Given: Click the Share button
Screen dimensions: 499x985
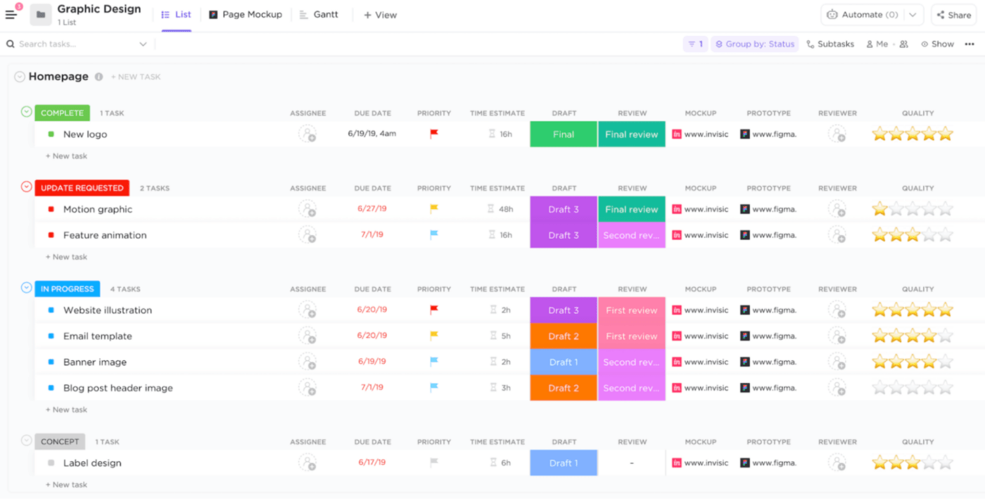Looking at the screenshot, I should click(953, 15).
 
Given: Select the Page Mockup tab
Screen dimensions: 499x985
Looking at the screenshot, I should click(246, 15).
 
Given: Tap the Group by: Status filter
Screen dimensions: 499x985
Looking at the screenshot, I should click(754, 44).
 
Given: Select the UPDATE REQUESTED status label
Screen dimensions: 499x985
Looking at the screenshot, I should click(82, 188).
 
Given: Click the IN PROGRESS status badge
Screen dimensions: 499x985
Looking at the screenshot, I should click(67, 289).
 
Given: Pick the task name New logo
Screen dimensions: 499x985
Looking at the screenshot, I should click(85, 134).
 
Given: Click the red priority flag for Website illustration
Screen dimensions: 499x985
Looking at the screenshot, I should click(434, 310).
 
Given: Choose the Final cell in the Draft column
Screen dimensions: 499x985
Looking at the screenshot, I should click(564, 134).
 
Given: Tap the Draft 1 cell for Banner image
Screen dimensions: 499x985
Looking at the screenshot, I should click(564, 362).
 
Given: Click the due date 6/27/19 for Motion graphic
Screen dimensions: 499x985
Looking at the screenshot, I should click(371, 209).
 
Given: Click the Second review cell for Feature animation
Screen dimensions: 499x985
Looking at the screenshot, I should click(631, 235).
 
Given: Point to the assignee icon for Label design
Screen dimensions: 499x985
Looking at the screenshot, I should click(307, 462).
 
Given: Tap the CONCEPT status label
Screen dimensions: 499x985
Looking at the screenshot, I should click(60, 442).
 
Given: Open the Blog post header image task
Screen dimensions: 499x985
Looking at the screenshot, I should click(117, 388).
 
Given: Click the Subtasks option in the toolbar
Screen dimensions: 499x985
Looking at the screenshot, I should click(830, 44).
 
